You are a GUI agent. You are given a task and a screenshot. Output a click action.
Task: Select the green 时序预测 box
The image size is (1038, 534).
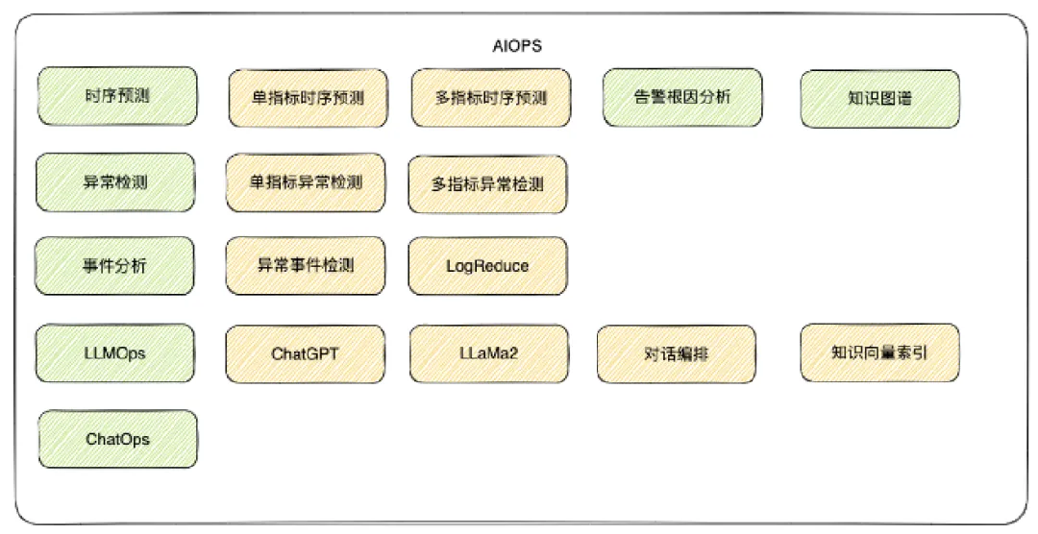pyautogui.click(x=116, y=96)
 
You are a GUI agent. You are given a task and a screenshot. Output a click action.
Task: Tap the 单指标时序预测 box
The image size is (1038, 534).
pyautogui.click(x=308, y=98)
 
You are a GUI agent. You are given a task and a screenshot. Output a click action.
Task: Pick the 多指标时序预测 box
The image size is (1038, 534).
pyautogui.click(x=490, y=98)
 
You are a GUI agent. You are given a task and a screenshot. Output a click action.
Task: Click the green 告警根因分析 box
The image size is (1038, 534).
pyautogui.click(x=683, y=97)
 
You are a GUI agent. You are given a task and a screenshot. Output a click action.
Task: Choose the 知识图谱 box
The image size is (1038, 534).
pyautogui.click(x=879, y=98)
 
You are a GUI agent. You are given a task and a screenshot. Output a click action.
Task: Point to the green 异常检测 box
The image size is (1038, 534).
pyautogui.click(x=115, y=181)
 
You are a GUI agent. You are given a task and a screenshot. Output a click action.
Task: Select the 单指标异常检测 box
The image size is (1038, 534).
pyautogui.click(x=306, y=181)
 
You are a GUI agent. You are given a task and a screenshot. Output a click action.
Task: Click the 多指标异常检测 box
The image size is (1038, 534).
pyautogui.click(x=487, y=183)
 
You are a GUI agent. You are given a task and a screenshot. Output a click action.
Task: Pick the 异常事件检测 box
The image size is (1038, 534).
pyautogui.click(x=306, y=265)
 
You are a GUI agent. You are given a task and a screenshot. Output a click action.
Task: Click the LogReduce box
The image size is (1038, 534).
pyautogui.click(x=487, y=266)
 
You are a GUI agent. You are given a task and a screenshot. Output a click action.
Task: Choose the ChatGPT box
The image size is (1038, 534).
pyautogui.click(x=305, y=353)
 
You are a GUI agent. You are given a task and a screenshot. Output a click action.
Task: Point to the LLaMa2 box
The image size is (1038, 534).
pyautogui.click(x=488, y=353)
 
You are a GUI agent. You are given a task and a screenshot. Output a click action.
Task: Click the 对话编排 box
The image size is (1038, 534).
pyautogui.click(x=675, y=354)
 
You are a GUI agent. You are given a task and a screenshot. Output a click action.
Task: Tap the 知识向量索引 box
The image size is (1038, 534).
pyautogui.click(x=878, y=352)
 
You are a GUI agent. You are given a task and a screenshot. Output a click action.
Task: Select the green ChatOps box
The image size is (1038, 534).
pyautogui.click(x=117, y=439)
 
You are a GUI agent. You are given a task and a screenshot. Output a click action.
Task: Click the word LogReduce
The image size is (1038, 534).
pyautogui.click(x=487, y=266)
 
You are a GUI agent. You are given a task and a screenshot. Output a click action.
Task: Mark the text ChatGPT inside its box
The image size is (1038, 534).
pyautogui.click(x=305, y=353)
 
